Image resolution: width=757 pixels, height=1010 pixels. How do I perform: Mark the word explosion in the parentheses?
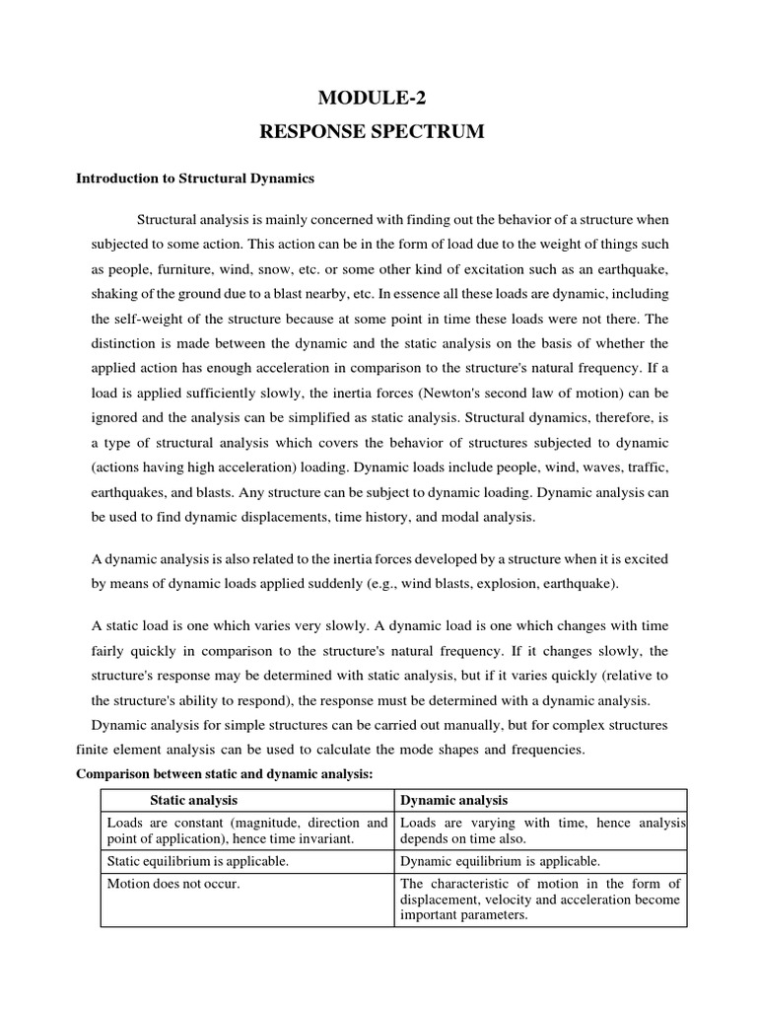click(x=491, y=584)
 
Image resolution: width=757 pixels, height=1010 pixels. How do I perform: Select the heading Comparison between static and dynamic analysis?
click(x=226, y=774)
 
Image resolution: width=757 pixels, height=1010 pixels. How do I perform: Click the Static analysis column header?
click(x=193, y=800)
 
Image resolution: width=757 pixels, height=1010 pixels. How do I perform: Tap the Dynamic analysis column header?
click(x=454, y=800)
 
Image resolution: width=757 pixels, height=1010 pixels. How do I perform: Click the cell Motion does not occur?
click(x=173, y=883)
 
